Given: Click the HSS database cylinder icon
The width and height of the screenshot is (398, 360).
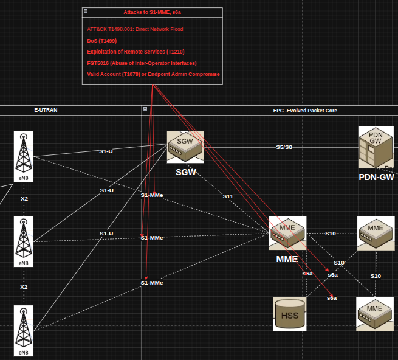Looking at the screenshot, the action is point(290,314).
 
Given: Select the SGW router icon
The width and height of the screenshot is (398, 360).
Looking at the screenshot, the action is point(185,147).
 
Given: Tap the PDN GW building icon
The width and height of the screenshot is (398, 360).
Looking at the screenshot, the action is point(376,147).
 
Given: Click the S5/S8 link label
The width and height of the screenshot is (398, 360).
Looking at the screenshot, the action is point(284,147).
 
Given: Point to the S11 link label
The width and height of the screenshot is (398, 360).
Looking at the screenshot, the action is point(228,196).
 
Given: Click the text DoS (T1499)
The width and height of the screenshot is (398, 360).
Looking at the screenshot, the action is point(102,41).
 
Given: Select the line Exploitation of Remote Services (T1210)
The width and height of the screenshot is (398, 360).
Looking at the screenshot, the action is point(136,52).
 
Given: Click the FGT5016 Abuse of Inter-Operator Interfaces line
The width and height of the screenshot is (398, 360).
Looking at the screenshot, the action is point(142,63).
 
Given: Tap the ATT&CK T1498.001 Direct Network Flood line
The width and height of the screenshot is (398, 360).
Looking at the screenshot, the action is point(135,29).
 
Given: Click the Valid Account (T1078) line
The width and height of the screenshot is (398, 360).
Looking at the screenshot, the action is point(153,74).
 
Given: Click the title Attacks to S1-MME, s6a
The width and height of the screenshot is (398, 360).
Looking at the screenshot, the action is point(153,12).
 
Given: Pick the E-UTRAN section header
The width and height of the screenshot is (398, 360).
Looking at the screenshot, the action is point(46,110).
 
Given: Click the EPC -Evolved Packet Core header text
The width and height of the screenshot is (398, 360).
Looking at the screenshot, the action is point(305,111).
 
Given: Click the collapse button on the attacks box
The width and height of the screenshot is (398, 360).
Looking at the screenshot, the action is point(86,11).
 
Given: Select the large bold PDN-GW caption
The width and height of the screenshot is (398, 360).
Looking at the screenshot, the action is point(376,177).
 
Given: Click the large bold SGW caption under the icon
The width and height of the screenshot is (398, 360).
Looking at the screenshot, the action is point(186,172).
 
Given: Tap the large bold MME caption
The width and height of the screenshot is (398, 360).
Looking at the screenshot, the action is point(287,259).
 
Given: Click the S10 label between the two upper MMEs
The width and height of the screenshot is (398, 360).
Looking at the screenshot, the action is point(331,234).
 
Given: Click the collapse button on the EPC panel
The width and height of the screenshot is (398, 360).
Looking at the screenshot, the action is point(145,109).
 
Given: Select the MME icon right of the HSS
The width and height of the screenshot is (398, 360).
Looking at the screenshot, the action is point(375,314).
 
